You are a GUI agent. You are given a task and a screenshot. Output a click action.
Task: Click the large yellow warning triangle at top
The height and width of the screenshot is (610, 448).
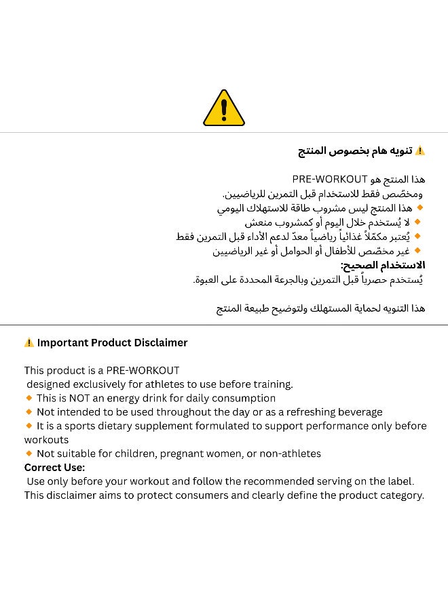click(x=224, y=108)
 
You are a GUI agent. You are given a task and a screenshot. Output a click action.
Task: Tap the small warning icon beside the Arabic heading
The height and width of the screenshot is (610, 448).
click(x=419, y=150)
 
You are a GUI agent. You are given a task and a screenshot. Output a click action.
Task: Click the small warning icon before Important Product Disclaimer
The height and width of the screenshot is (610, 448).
click(x=29, y=343)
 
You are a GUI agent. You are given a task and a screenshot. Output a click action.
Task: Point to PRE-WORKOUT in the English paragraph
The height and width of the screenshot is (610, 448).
click(x=143, y=371)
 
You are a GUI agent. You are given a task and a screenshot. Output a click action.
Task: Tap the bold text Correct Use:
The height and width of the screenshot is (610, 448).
click(x=54, y=468)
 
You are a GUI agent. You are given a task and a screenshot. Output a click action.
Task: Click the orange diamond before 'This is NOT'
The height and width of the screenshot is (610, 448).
click(x=29, y=398)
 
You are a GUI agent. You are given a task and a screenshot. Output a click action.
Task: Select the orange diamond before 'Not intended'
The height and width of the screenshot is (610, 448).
click(x=29, y=411)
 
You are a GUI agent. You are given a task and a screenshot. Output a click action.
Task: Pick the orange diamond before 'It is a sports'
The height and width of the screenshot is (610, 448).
click(x=29, y=426)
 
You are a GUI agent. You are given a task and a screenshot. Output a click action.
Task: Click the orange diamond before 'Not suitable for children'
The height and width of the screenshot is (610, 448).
click(x=29, y=453)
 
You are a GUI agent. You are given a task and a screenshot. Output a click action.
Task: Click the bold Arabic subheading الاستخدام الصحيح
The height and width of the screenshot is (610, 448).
click(x=383, y=265)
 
